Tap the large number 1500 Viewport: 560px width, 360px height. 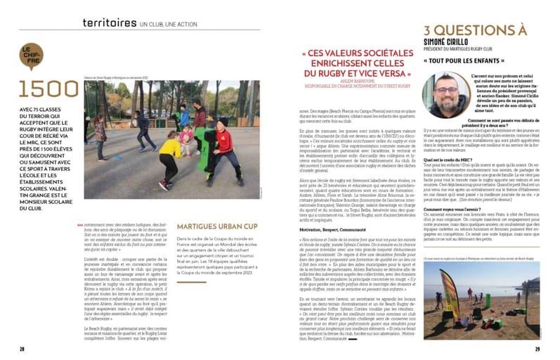point(48,89)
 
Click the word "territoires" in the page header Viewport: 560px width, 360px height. point(109,22)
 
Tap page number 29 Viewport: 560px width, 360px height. point(538,348)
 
